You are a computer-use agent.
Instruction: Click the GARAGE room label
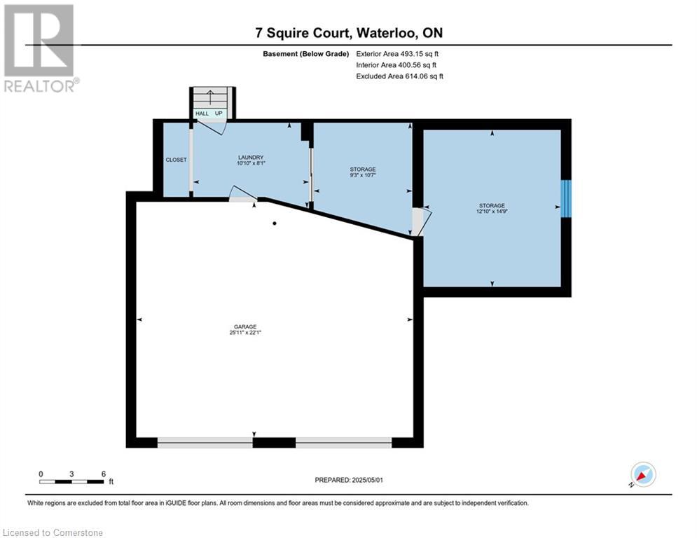click(x=245, y=327)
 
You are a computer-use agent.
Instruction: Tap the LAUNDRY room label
click(x=251, y=158)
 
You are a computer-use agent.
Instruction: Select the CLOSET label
click(x=176, y=160)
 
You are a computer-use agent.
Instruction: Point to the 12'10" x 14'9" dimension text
click(x=492, y=212)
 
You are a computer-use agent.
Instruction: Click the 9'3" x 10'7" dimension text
click(x=363, y=175)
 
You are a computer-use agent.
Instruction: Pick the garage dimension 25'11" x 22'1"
click(x=245, y=333)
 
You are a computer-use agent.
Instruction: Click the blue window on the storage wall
click(x=565, y=199)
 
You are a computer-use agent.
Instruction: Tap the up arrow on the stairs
click(x=210, y=97)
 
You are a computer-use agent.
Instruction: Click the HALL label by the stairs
click(x=202, y=113)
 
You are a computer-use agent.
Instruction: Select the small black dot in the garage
click(x=275, y=223)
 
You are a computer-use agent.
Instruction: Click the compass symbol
click(x=643, y=474)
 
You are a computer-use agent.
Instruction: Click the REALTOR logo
click(x=39, y=48)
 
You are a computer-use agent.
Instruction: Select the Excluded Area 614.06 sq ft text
click(x=399, y=76)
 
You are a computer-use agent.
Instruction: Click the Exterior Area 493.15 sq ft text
click(x=397, y=54)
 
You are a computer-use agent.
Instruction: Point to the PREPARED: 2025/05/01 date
click(x=349, y=480)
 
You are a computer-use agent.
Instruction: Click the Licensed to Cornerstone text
click(x=53, y=532)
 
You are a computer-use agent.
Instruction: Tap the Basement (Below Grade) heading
click(x=306, y=54)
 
